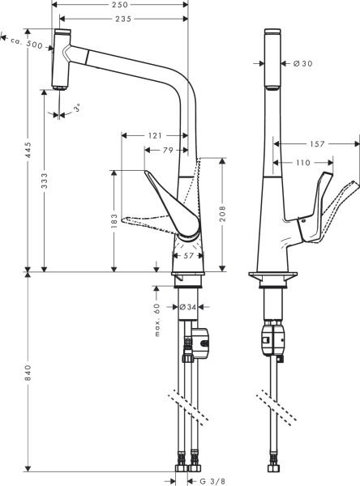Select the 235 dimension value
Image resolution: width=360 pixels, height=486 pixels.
[x=124, y=19]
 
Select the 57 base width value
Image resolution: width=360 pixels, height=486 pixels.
[x=187, y=255]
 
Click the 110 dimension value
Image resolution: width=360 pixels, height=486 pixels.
[x=302, y=163]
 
